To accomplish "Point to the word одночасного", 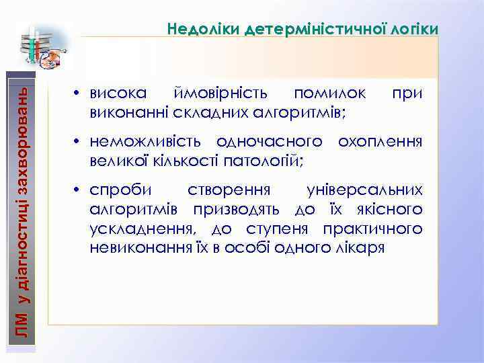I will point(272,142).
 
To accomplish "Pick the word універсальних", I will point(364,190).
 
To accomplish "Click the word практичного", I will point(373,229).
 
